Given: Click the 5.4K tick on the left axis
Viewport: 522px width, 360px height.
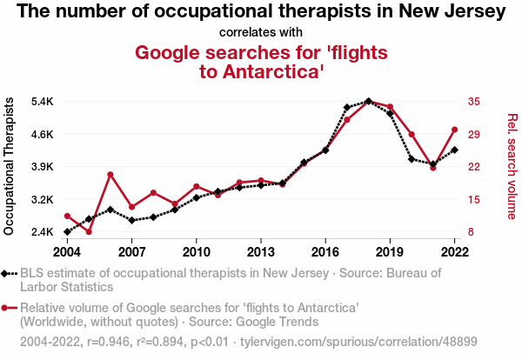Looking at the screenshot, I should point(42,102).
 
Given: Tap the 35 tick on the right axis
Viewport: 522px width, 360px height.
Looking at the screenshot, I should point(473,102).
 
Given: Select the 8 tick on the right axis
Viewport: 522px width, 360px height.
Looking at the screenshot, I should point(471,232).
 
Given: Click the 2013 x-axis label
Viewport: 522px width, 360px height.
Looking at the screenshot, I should point(261,252).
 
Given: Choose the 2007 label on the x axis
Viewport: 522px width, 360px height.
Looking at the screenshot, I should point(131,252).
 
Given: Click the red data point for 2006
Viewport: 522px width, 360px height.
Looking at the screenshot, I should point(110,175).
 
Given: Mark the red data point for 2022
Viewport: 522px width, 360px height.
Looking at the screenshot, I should point(454,130).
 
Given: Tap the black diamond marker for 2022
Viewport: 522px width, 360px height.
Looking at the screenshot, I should point(454,150).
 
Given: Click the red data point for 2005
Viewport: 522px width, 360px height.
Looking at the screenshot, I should point(89,231).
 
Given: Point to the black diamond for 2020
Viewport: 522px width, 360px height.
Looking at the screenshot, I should point(412,159).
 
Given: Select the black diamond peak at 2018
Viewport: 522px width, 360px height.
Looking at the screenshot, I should point(368,101).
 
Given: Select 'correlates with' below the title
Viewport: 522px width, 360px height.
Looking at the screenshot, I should point(261,33).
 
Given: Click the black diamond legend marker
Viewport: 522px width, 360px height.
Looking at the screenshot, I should point(9,274).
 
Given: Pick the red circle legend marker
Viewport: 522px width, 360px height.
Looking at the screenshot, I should point(9,308).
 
